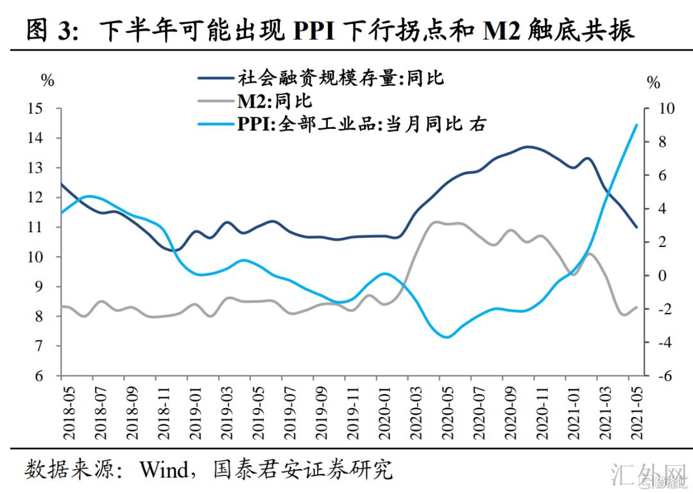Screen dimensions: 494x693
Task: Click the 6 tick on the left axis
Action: click(40, 376)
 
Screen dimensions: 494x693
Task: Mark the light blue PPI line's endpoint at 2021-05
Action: click(636, 125)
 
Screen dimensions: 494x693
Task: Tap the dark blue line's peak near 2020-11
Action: click(527, 147)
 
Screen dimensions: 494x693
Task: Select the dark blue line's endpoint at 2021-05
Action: click(636, 226)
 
